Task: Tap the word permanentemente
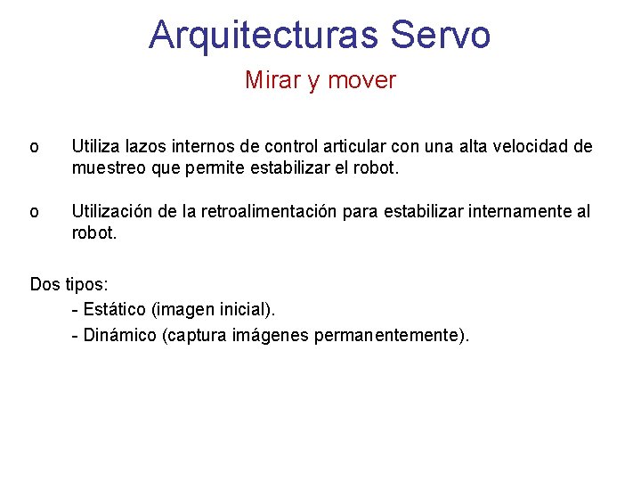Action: (388, 336)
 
